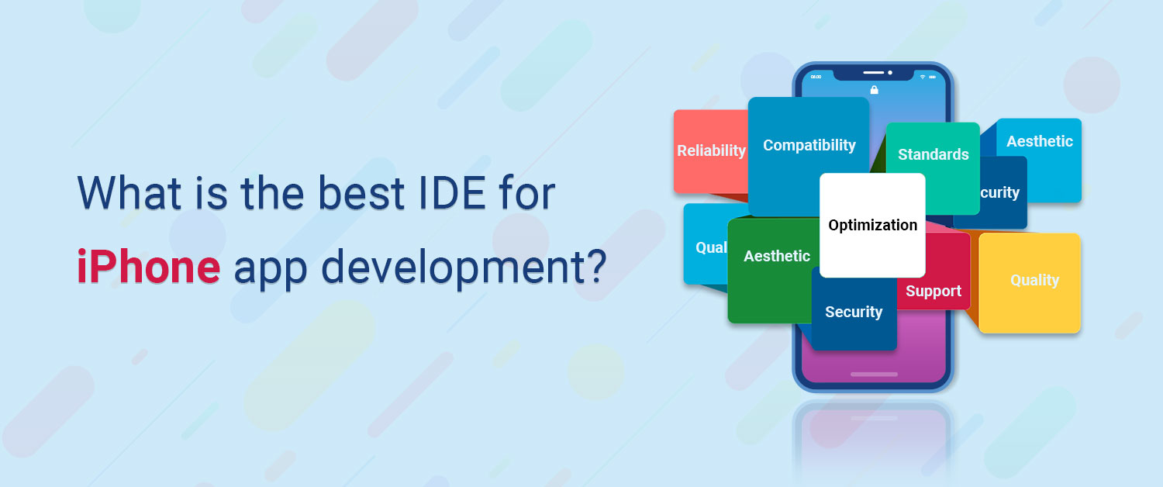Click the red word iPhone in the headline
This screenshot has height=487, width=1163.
pos(148,268)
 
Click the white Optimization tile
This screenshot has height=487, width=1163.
pos(872,225)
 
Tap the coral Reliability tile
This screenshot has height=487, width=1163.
pos(709,150)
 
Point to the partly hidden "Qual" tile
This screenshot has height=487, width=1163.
pos(706,247)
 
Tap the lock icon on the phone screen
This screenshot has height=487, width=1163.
pos(874,90)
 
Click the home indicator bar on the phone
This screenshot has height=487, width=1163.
pos(874,375)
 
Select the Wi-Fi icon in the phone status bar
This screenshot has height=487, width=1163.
pos(923,77)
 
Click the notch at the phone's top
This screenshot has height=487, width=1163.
pos(874,74)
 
